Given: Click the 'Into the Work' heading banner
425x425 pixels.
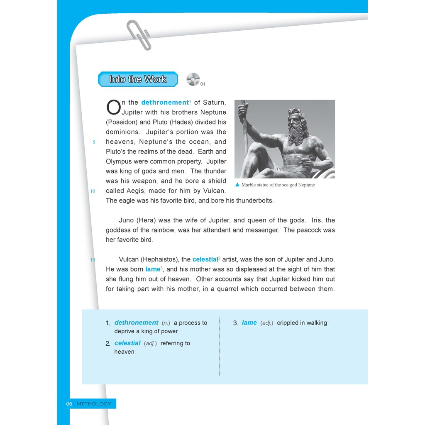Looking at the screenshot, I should pos(138,79).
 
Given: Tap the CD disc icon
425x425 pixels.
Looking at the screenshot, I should pos(193,79).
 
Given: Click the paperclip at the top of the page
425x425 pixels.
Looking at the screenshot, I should pos(139,34).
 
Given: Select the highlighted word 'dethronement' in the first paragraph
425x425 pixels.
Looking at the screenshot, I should pos(165,103).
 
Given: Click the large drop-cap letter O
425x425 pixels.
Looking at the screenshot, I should pos(113,107).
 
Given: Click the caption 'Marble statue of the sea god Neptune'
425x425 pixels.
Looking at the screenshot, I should pos(278,185).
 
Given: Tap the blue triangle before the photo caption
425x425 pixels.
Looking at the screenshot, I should pos(237,185).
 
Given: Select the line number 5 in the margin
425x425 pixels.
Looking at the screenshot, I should pos(94,142).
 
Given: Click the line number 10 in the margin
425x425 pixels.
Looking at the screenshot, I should pos(93,191).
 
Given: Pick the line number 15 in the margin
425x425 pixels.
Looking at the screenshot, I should pos(93,260).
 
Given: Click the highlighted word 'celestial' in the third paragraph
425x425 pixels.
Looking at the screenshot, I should pos(205,259).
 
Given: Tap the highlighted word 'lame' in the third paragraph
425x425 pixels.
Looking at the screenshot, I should pos(152,269).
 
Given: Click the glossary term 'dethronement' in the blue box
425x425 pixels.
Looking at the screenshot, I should pos(136,322).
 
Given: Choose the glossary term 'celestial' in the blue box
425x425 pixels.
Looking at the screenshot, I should pos(127,343).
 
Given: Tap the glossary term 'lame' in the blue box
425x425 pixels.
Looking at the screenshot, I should pos(249,322).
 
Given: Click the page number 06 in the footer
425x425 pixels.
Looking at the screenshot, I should pos(69,403).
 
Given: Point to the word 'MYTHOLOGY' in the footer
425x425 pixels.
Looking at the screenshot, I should pos(94,403).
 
